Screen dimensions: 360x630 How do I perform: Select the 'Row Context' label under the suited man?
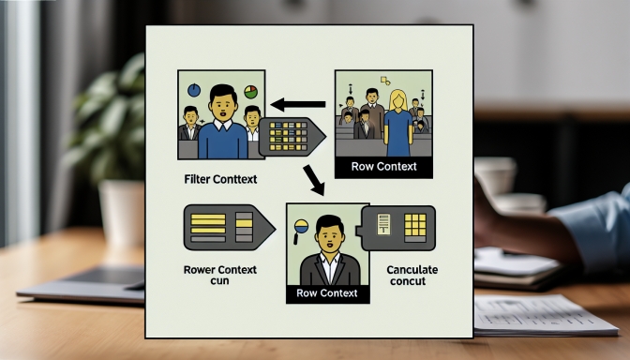(x=326, y=293)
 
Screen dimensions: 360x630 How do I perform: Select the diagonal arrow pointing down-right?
(x=313, y=179)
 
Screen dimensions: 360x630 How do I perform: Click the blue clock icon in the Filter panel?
(x=194, y=91)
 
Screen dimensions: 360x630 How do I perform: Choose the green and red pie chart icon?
(x=250, y=92)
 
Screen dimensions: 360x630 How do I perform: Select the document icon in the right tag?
(x=382, y=224)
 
